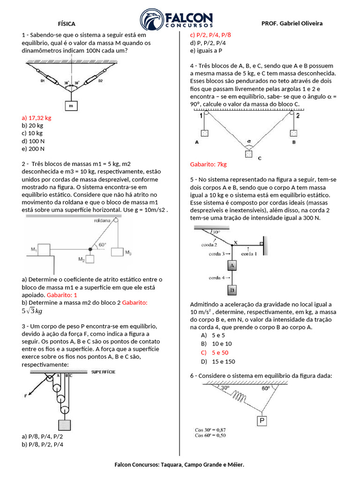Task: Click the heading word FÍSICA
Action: point(66,23)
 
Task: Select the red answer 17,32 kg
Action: point(37,118)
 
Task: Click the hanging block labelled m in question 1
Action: point(71,106)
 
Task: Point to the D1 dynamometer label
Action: point(42,81)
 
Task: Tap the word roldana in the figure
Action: point(102,220)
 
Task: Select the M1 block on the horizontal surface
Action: point(44,250)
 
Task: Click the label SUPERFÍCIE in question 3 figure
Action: point(104,372)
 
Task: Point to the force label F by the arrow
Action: point(26,396)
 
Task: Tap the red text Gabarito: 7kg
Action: point(208,165)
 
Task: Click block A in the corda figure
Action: point(231,266)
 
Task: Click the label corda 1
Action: point(249,254)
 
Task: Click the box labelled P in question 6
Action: point(262,420)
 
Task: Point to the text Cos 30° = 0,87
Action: point(210,429)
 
